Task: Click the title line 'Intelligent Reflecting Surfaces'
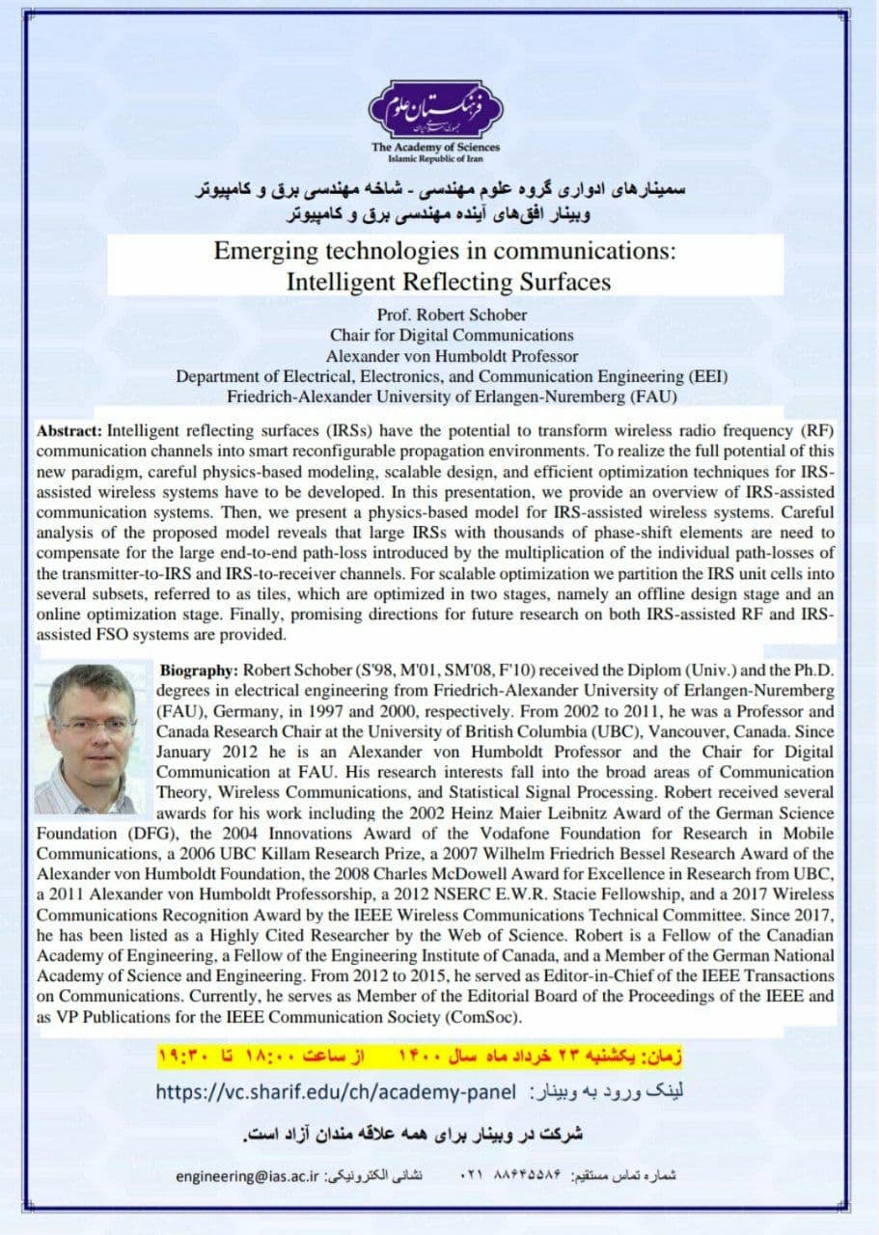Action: pyautogui.click(x=449, y=282)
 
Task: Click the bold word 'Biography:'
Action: pyautogui.click(x=199, y=670)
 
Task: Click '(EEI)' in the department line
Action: pyautogui.click(x=705, y=375)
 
